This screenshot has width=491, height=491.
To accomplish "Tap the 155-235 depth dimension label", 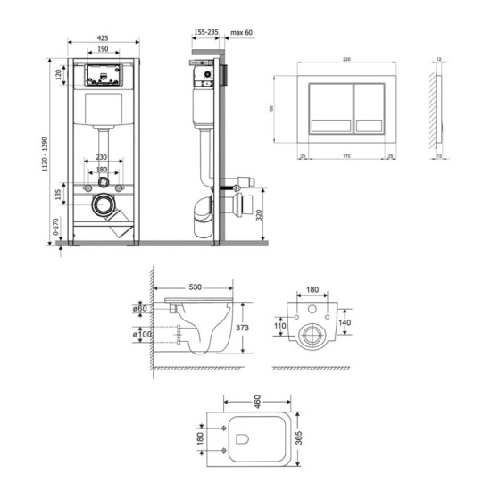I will pos(205,32).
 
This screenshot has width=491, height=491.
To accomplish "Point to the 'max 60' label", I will pos(242,32).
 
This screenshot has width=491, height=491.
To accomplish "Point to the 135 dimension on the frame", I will pos(60,193).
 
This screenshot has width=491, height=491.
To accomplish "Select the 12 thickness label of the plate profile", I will pos(440,61).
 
